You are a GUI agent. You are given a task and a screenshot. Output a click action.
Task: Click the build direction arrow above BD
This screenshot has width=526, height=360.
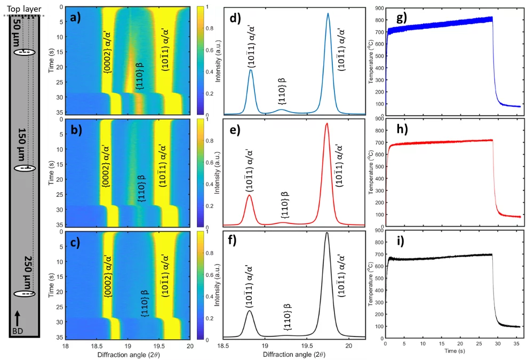tap(18, 318)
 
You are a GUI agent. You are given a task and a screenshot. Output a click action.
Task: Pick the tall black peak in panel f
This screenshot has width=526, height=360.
tap(327, 234)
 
